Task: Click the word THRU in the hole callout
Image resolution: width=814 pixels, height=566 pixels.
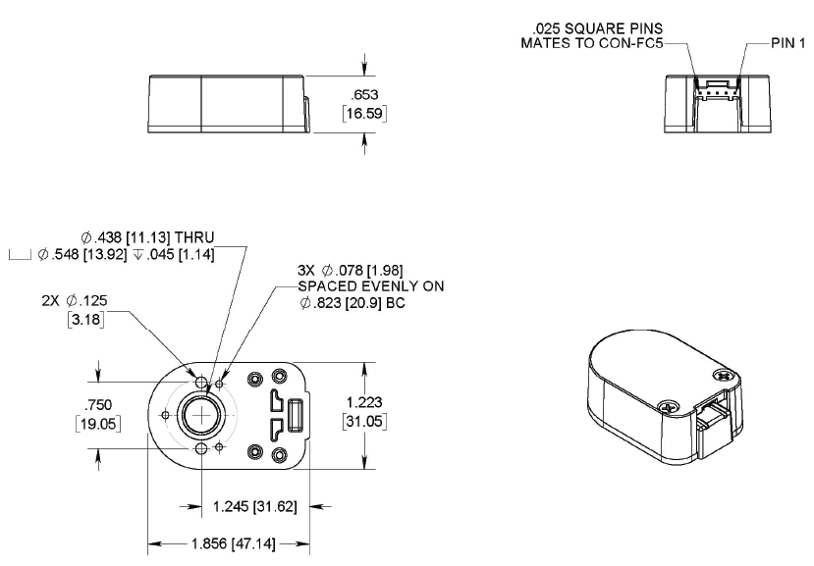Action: click(x=192, y=237)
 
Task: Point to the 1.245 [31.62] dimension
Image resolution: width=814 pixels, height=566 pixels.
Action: click(x=250, y=507)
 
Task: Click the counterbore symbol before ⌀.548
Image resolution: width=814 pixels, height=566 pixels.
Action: click(x=20, y=255)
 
